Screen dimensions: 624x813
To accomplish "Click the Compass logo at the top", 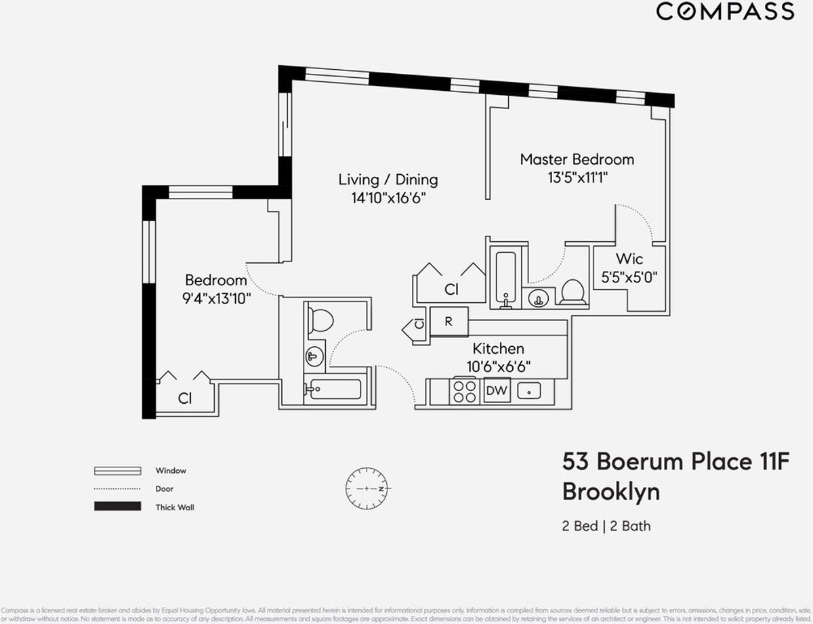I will (726, 12).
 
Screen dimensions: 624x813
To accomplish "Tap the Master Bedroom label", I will (577, 159).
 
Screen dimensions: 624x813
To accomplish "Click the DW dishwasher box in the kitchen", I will (497, 390).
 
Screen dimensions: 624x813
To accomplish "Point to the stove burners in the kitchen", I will (465, 391).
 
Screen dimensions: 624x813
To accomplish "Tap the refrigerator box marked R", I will (448, 322).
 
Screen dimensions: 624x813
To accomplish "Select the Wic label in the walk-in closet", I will (629, 259).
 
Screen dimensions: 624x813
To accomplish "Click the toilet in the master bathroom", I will (574, 292).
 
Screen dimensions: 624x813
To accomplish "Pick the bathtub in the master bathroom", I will (505, 278).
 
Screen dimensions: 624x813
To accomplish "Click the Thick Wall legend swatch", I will (117, 507).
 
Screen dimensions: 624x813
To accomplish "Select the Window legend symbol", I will (117, 470).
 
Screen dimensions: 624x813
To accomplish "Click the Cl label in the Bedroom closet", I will (184, 399).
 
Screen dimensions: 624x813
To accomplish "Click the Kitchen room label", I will (498, 349).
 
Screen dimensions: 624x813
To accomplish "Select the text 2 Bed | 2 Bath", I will (606, 526).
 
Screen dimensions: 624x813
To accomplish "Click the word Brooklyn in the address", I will (610, 492).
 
